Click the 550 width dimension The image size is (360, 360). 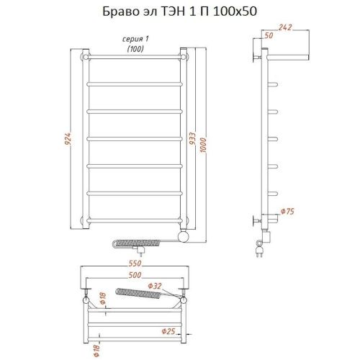[135, 264]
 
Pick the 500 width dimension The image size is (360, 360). [135, 275]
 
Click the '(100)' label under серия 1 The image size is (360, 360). [135, 48]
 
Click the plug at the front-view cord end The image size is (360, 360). [143, 251]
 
